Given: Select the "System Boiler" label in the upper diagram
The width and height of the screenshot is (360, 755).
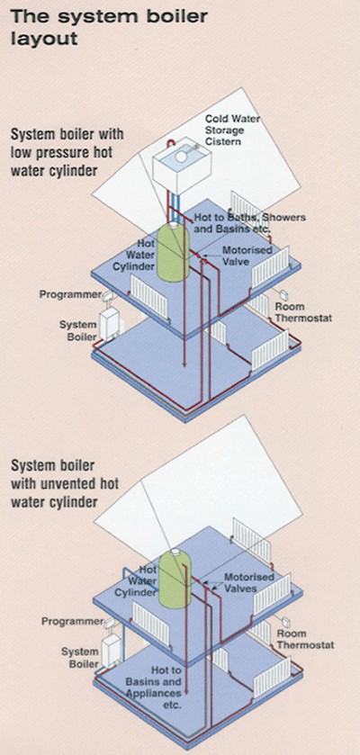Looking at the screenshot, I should point(78,330).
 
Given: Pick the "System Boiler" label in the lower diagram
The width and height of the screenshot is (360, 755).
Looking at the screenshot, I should point(79,658).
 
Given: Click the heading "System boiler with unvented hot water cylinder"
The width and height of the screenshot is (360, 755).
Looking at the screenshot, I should point(67,483).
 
